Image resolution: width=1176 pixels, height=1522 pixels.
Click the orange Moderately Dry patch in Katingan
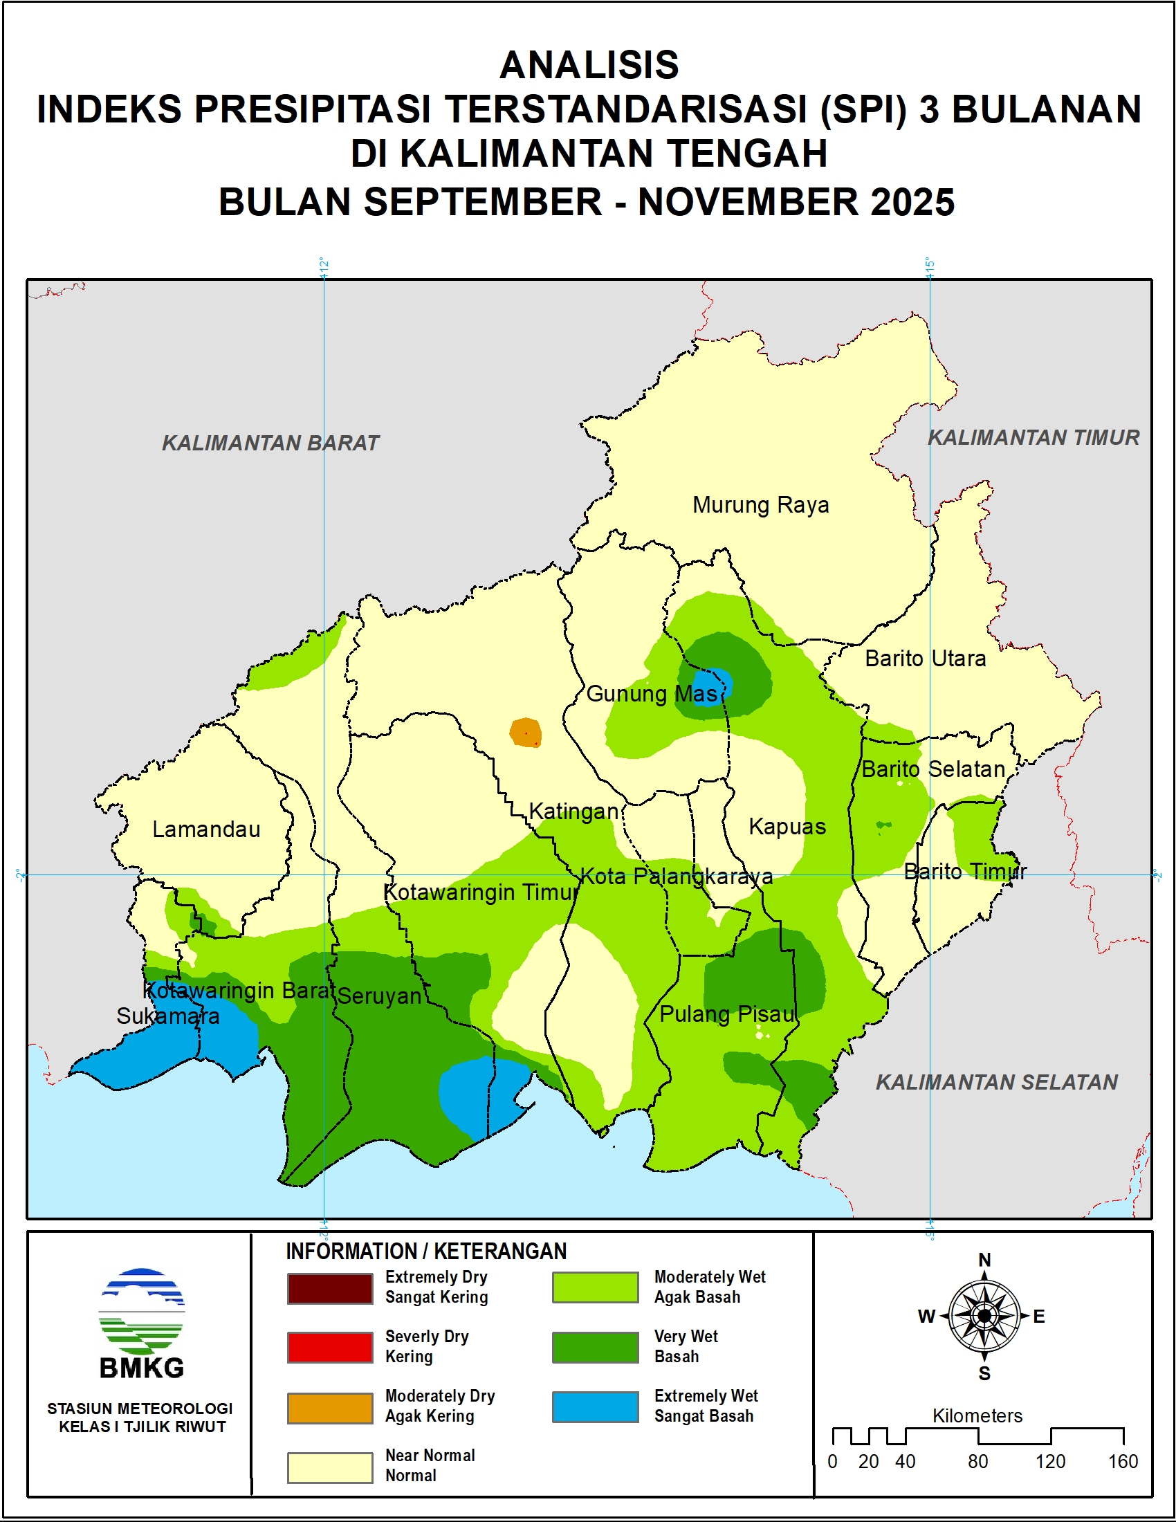(x=525, y=733)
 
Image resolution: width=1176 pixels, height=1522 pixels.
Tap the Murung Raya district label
(x=760, y=505)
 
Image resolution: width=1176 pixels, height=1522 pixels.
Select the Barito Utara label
(x=924, y=659)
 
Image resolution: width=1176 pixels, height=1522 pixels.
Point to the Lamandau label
(x=206, y=829)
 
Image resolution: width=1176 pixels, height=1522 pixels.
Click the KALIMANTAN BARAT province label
(x=270, y=443)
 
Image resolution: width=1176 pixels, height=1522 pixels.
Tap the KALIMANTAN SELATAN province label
(x=996, y=1082)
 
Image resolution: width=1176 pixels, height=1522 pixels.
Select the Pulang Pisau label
(x=726, y=1014)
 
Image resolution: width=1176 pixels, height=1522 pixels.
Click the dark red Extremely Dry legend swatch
(x=329, y=1288)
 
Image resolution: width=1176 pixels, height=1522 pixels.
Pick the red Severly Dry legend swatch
(x=329, y=1347)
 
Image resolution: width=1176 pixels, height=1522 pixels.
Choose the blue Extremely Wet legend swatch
(x=595, y=1406)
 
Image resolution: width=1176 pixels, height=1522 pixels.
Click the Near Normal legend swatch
(x=329, y=1467)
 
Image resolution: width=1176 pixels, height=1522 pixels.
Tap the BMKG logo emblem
(x=142, y=1310)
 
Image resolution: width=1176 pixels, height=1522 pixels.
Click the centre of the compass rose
(x=984, y=1316)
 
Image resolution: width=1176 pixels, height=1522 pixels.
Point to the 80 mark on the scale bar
(x=977, y=1461)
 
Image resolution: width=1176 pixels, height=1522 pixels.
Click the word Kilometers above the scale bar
(x=977, y=1415)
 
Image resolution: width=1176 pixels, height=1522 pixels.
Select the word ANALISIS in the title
(x=589, y=65)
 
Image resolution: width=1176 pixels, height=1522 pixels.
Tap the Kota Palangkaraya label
(x=677, y=876)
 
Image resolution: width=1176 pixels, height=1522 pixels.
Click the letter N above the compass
(x=984, y=1260)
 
